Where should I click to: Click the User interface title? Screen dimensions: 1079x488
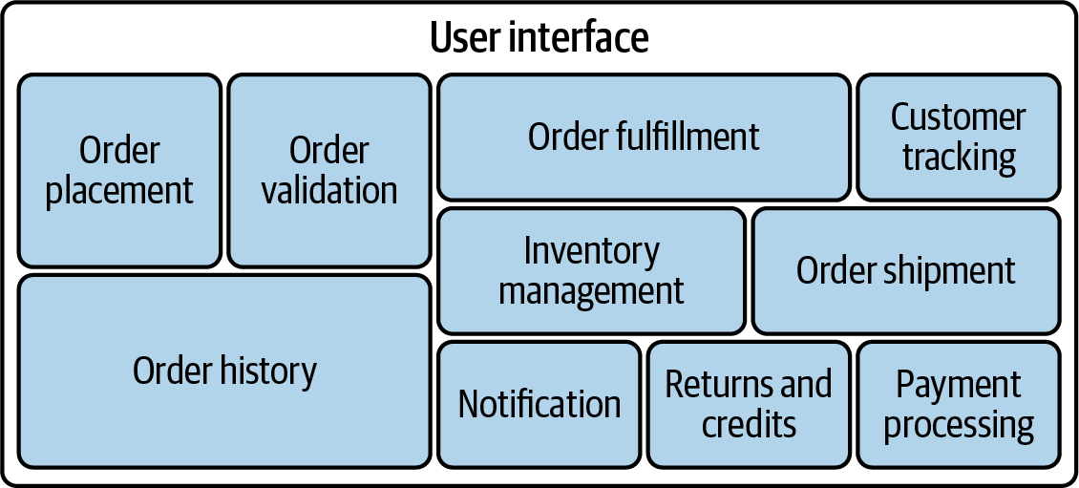point(539,37)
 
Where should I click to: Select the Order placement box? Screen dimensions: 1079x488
point(119,171)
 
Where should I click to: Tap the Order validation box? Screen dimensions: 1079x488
point(329,171)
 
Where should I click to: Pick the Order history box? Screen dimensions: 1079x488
point(224,371)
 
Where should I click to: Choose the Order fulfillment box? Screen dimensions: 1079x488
point(645,137)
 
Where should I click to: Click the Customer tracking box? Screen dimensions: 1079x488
point(959,137)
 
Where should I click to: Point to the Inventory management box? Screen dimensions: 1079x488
point(592,271)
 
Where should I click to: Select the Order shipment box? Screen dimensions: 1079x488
point(906,271)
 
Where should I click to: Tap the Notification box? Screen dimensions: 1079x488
point(539,405)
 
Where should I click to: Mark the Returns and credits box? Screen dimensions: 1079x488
point(749,405)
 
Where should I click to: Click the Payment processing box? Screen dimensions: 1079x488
point(959,405)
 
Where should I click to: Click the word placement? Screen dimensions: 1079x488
point(119,191)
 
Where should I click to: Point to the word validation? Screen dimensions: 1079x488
point(329,190)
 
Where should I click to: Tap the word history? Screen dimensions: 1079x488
point(268,371)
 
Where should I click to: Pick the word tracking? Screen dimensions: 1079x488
point(960,159)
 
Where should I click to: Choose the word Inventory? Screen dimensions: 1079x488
point(592,252)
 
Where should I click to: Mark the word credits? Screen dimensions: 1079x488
point(749,423)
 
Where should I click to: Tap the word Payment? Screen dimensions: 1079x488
point(959,386)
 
